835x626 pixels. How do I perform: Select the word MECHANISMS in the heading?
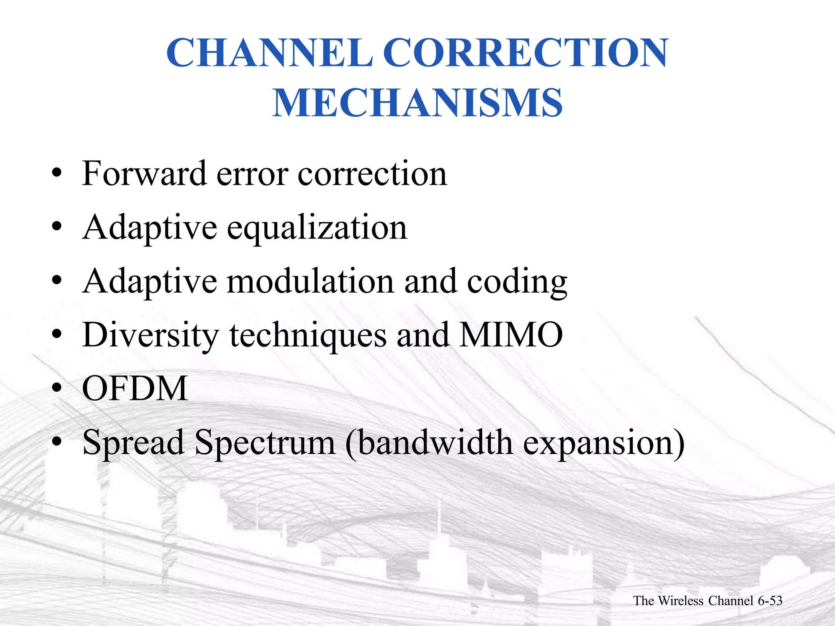(x=417, y=103)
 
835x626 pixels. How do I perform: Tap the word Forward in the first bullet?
(x=144, y=174)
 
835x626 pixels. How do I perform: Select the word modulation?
(x=310, y=281)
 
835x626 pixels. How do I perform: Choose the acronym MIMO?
(x=511, y=335)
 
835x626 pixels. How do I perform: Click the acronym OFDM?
(x=135, y=389)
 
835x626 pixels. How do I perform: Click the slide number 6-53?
(x=770, y=601)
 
